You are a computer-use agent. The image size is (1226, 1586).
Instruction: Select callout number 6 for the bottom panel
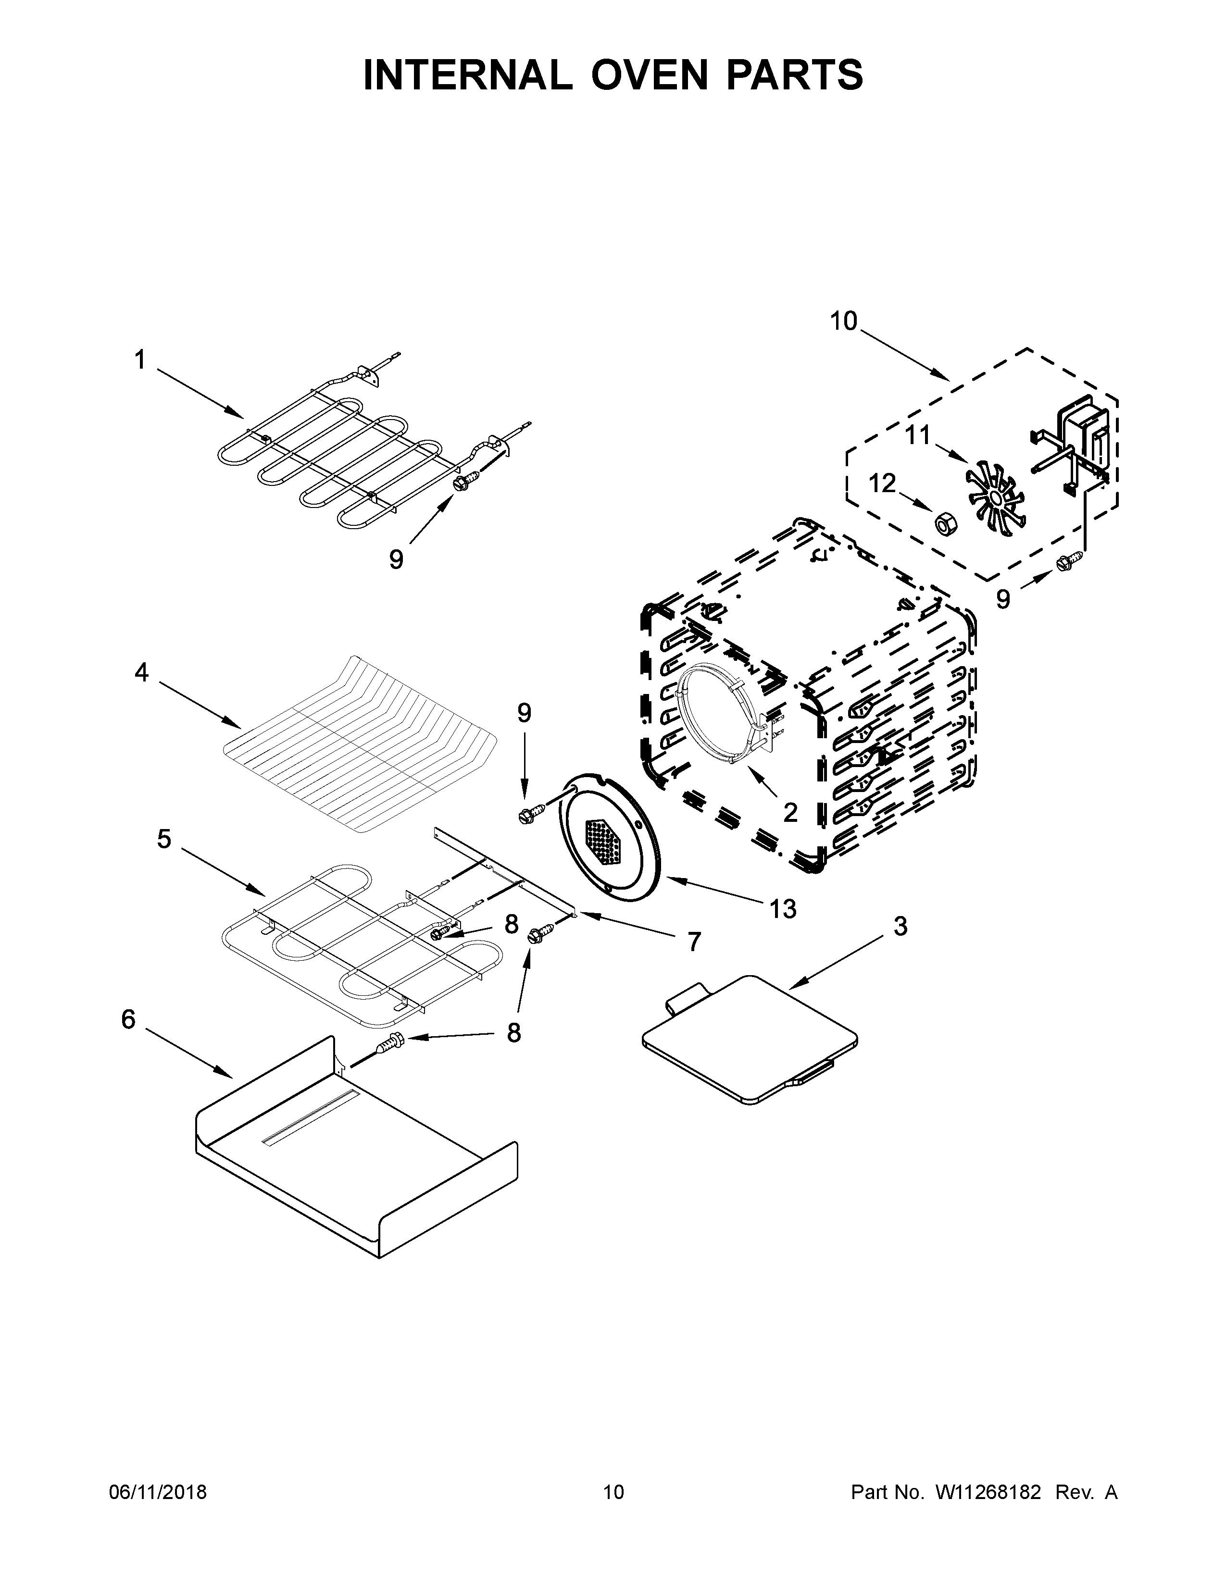click(x=128, y=1019)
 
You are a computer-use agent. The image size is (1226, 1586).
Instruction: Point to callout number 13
click(x=783, y=908)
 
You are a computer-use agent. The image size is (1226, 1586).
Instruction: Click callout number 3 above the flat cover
click(x=900, y=926)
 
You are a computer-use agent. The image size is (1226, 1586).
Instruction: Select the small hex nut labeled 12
click(x=944, y=521)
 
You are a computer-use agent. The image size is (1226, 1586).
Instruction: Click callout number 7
click(x=694, y=942)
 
